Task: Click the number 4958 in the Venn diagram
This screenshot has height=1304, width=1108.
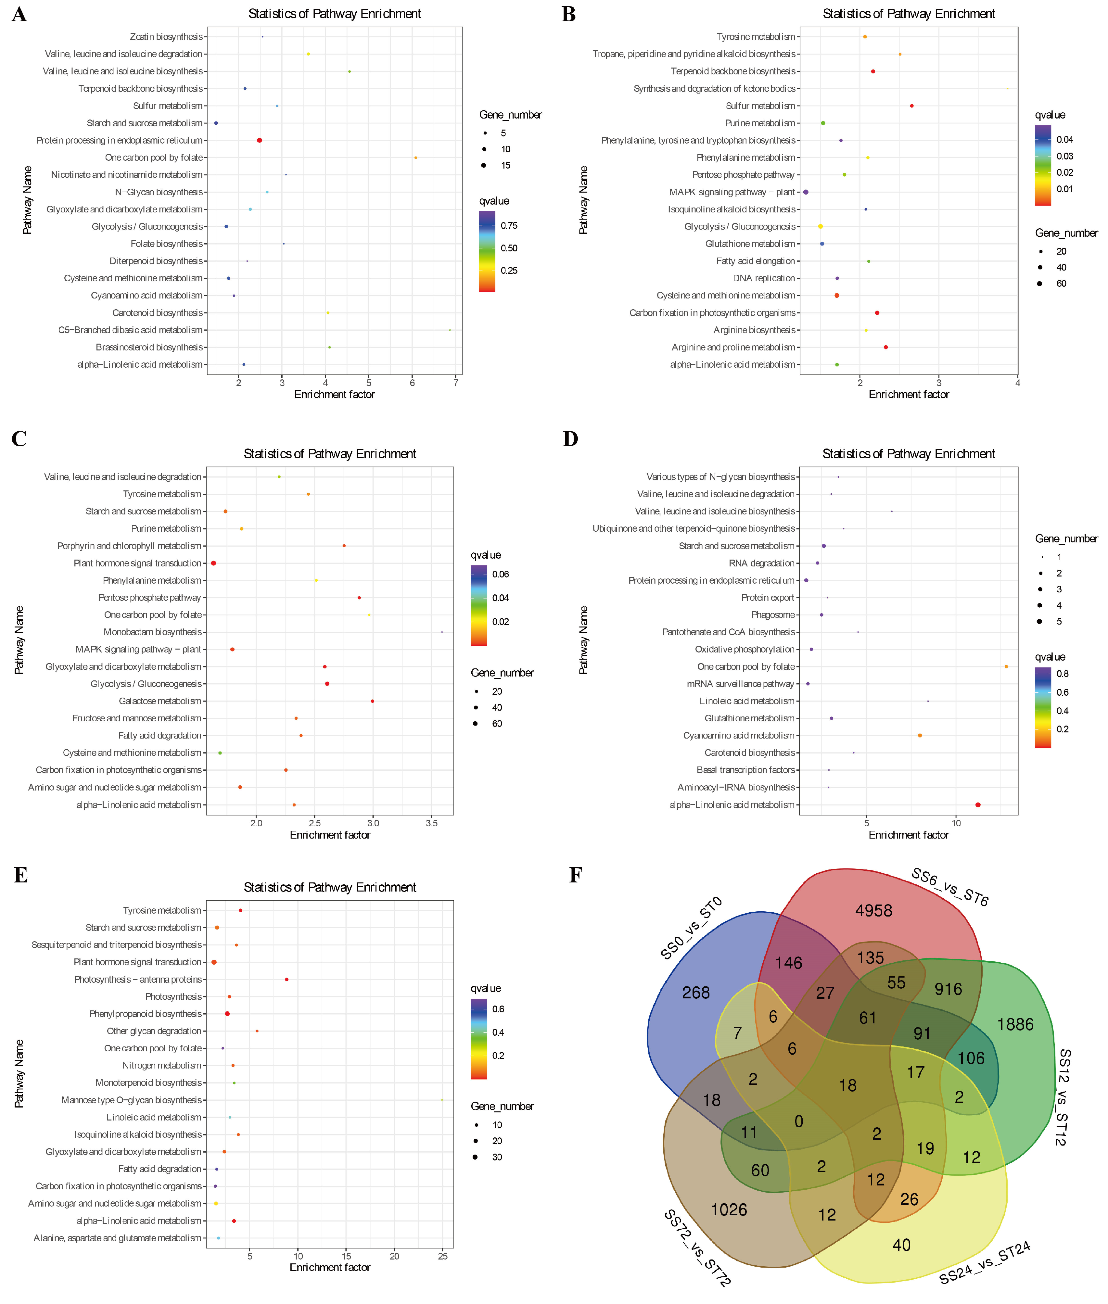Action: (x=873, y=910)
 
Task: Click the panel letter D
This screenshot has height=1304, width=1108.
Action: (x=570, y=438)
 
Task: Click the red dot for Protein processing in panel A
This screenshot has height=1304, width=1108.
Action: (x=260, y=140)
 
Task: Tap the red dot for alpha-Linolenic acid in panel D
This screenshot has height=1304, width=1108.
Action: (x=977, y=804)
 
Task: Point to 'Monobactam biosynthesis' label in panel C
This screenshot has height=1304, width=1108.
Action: (x=153, y=632)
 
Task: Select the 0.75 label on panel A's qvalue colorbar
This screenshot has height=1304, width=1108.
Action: (x=509, y=225)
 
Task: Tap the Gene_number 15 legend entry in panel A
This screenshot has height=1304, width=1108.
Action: (x=506, y=165)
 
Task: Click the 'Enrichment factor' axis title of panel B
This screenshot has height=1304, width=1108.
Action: (x=908, y=395)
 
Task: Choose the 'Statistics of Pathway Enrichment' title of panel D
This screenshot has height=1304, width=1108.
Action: (x=908, y=453)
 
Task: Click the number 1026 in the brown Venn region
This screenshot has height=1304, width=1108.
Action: (x=729, y=1209)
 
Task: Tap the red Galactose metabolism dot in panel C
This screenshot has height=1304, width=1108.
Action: (x=373, y=701)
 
